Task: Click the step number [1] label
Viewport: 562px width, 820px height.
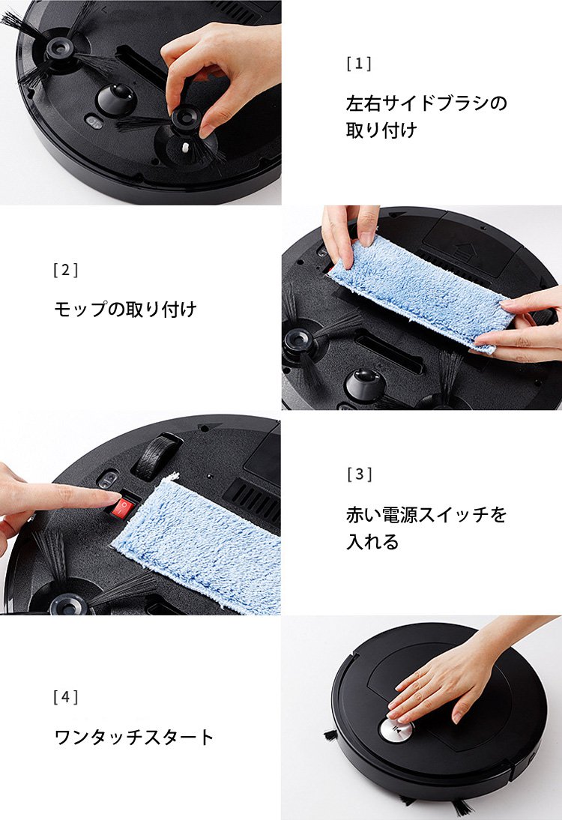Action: [x=359, y=64]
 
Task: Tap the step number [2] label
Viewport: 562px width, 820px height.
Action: [x=66, y=270]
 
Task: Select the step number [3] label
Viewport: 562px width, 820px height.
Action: [x=359, y=474]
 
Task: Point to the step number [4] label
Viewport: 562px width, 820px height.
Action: [x=66, y=697]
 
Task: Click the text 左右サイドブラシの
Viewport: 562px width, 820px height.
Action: [x=426, y=103]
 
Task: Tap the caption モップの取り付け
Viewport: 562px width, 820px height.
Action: [x=125, y=309]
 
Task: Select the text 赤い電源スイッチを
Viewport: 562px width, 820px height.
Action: [x=426, y=515]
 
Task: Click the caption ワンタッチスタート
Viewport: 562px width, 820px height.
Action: [x=134, y=738]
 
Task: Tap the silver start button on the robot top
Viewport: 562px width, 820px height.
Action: [x=394, y=730]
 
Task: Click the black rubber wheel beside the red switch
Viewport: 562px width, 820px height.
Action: [x=157, y=454]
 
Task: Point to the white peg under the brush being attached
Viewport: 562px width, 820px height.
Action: [x=185, y=148]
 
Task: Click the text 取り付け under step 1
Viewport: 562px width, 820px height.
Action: [x=381, y=130]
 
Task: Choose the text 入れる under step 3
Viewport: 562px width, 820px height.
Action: [x=372, y=542]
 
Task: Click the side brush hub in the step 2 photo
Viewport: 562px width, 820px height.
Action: [x=300, y=341]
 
